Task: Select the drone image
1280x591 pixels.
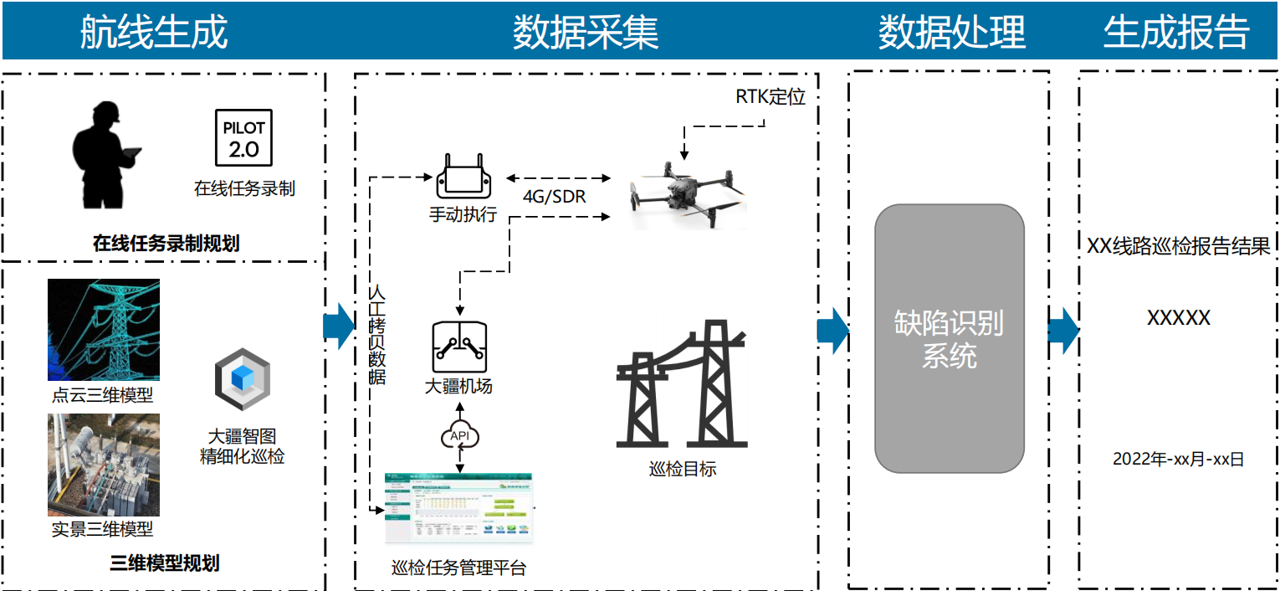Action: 686,193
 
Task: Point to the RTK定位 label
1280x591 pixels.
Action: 771,97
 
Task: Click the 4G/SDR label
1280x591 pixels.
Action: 554,198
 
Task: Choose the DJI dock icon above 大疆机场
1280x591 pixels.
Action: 458,347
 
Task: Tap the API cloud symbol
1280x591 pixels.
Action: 459,436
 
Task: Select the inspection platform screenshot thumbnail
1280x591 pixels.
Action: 458,510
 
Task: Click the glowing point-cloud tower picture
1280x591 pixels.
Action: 103,330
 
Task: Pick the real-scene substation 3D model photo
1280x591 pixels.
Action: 103,465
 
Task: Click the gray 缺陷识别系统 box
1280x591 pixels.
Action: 950,339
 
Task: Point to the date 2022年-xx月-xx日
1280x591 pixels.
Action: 1178,459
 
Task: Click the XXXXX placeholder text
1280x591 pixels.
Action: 1178,318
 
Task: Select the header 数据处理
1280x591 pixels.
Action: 951,33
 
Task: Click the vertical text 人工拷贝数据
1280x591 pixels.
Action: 377,335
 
